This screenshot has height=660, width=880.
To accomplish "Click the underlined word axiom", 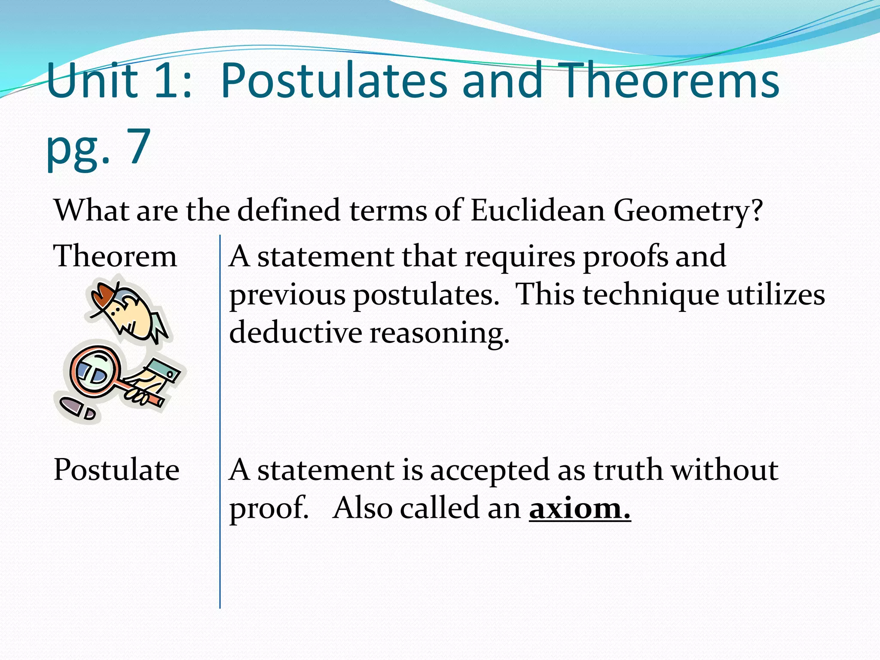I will click(579, 508).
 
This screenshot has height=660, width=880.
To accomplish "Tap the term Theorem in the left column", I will click(115, 256).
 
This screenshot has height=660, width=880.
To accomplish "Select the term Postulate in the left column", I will click(116, 470).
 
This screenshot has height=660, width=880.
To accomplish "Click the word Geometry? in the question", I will click(688, 211).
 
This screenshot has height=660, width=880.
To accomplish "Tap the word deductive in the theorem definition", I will click(296, 333).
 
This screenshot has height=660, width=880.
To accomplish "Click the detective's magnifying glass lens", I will click(94, 372).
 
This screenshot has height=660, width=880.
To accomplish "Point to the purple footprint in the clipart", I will click(71, 406).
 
